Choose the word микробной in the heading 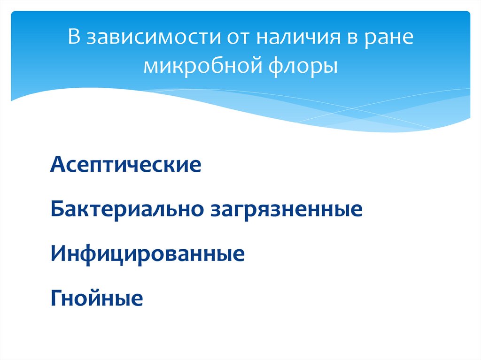[x=205, y=65]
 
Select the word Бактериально [x=125, y=209]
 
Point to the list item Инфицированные [x=147, y=254]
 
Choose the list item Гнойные [x=96, y=299]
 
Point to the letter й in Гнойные [x=101, y=299]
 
